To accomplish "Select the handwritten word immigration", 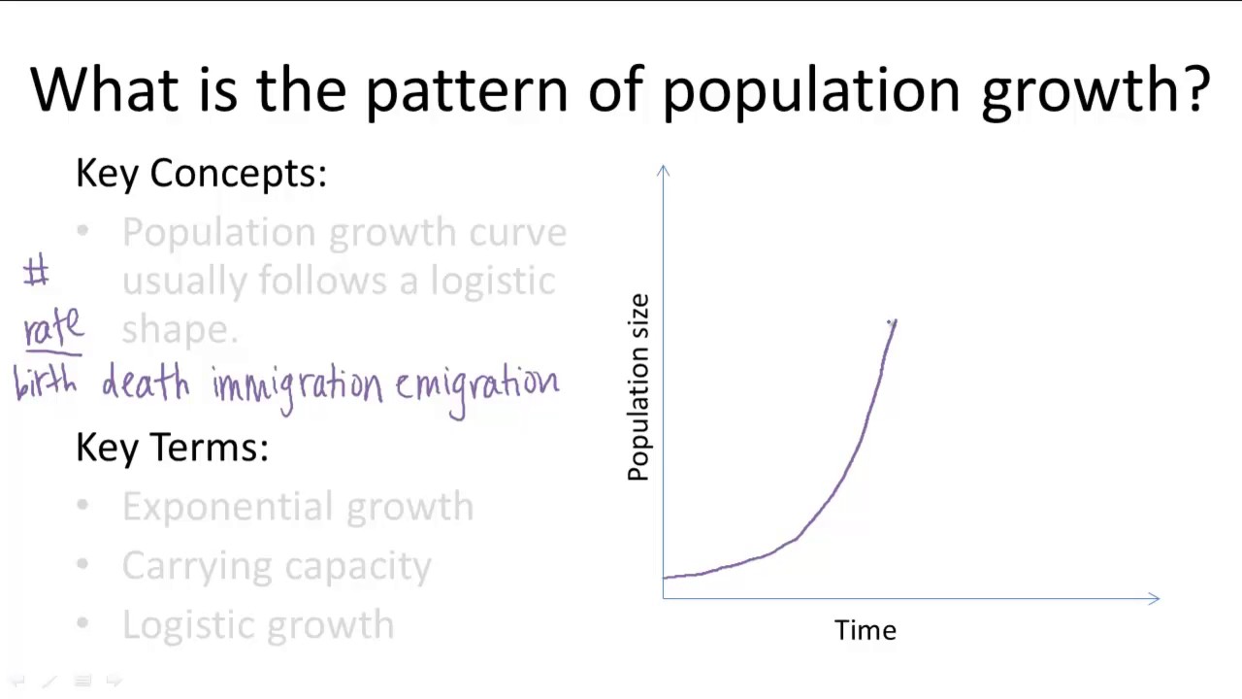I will point(298,385).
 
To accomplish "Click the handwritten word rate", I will point(53,328).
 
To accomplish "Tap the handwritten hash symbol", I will point(36,272).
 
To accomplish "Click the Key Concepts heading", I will point(201,173).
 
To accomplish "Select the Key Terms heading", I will point(172,448).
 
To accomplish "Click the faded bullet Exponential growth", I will point(297,507).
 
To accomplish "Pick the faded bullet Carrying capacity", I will point(277,566).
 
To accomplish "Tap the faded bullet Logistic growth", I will point(258,624).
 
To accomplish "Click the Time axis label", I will point(865,630).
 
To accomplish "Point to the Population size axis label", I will point(638,387).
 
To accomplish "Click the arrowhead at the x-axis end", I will point(1154,599).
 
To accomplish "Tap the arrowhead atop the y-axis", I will point(663,171).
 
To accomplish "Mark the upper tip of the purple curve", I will point(894,321).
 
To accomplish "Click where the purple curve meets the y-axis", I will point(664,578).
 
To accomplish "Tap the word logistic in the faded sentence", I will point(493,282).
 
